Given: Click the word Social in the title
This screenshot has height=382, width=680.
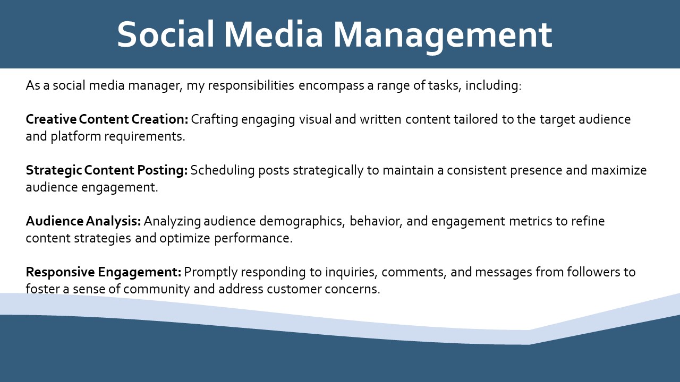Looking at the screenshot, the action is (x=166, y=34).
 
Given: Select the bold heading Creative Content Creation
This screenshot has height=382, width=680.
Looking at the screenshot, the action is (x=107, y=119).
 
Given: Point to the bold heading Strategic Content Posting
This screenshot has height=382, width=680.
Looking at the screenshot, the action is (x=107, y=171).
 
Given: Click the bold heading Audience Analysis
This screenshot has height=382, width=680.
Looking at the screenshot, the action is (x=83, y=221).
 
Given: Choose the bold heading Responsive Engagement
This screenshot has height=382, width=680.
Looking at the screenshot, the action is (x=104, y=272).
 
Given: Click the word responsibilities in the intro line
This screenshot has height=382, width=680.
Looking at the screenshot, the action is (x=251, y=86).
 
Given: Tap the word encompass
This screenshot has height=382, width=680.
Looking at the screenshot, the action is (x=331, y=86).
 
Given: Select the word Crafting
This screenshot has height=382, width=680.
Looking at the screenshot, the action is (x=215, y=120).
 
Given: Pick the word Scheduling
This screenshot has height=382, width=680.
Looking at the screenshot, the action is (x=223, y=171).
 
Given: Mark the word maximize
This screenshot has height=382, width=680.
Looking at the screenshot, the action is (x=619, y=170).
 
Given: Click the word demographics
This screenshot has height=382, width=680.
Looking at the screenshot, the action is (x=302, y=222).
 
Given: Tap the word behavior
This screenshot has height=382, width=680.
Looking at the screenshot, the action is (x=376, y=222).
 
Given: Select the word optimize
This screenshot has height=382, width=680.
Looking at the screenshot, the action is (x=185, y=239).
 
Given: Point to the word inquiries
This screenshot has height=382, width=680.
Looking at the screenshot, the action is (x=351, y=273).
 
